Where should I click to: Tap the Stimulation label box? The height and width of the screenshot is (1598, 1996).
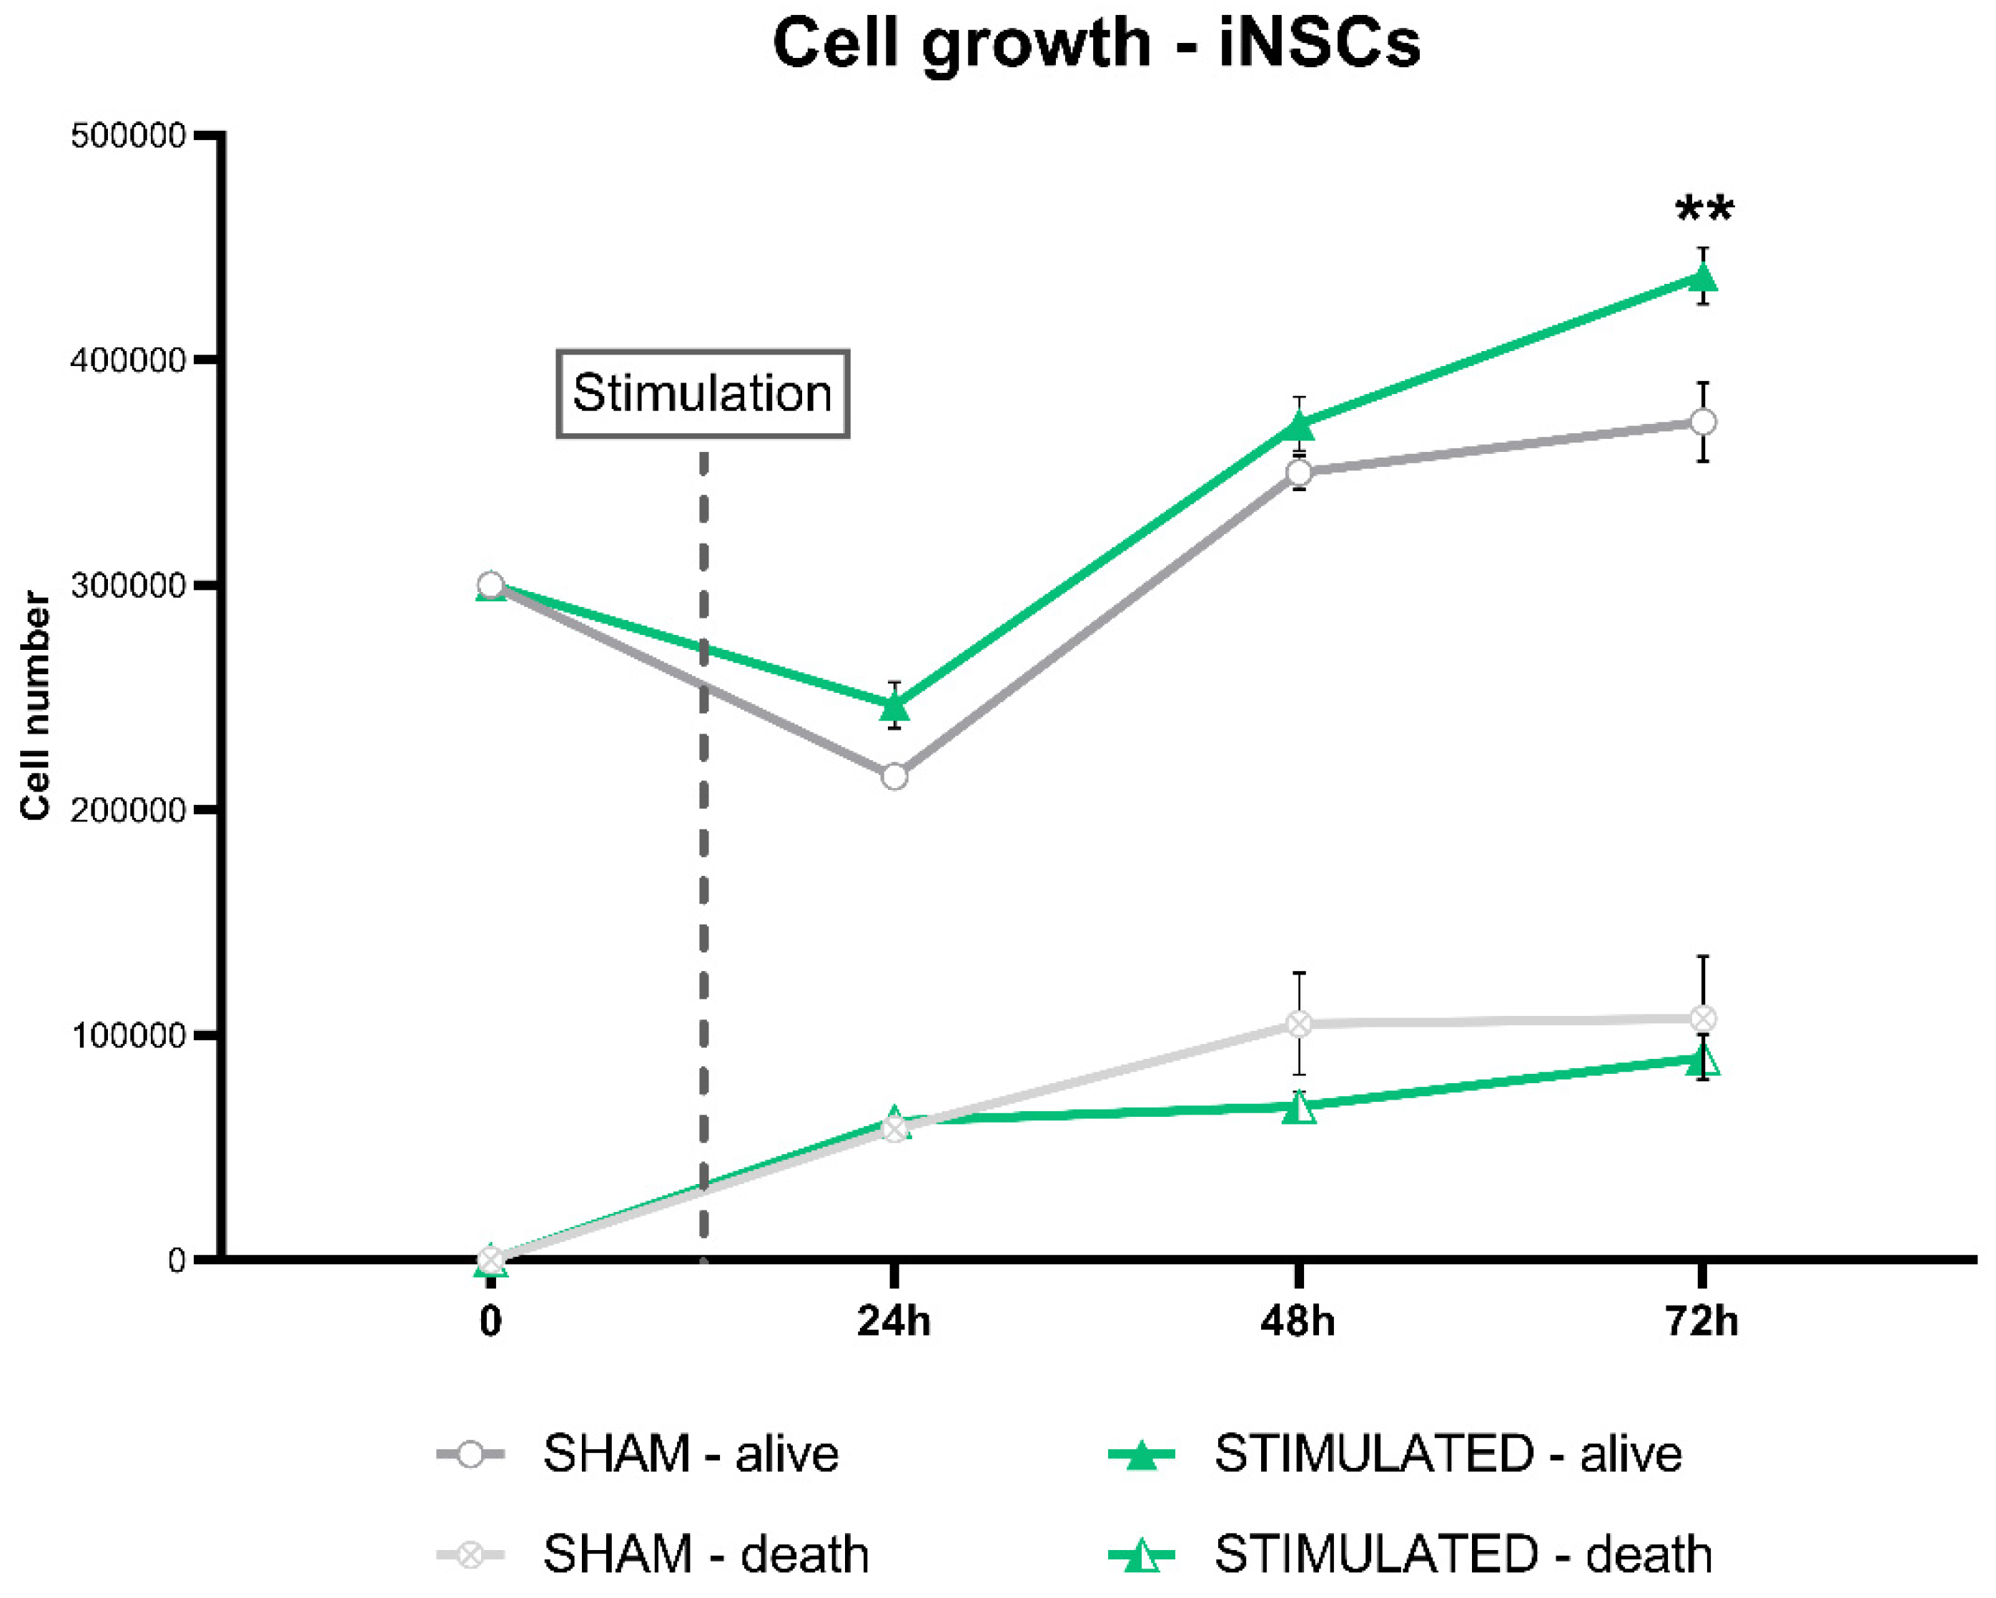coord(703,393)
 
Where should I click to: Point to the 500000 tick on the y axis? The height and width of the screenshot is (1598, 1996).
coord(129,136)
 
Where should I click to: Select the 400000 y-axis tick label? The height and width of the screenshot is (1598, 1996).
coord(129,360)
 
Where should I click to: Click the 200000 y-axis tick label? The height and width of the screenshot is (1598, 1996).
coord(129,810)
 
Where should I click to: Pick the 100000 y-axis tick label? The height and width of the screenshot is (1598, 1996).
coord(129,1035)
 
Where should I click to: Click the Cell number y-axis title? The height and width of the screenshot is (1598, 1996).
coord(35,706)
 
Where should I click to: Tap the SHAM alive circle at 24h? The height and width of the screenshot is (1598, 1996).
coord(894,776)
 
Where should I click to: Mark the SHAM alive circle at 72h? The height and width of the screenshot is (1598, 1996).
coord(1702,422)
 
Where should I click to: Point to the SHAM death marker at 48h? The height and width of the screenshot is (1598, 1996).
coord(1300,1024)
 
